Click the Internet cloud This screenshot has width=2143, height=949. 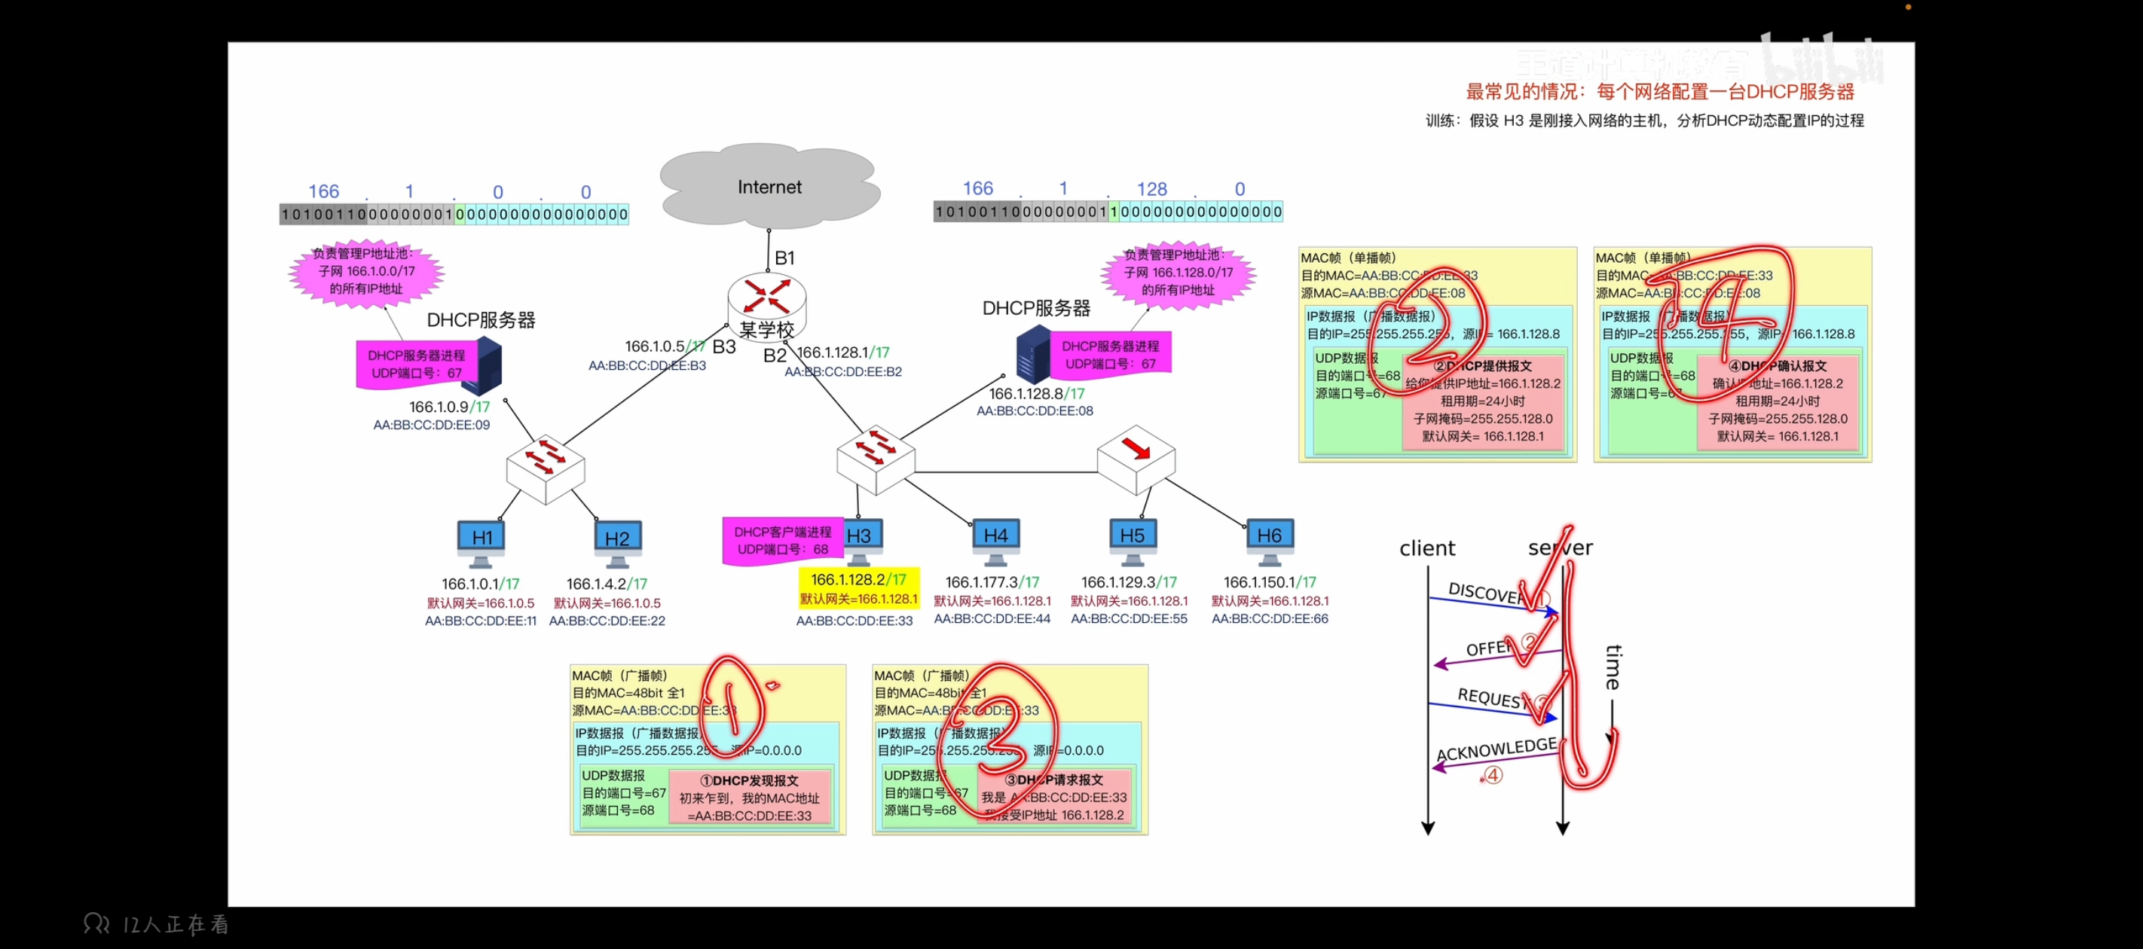(x=769, y=187)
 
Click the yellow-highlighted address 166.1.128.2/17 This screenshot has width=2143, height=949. (x=858, y=580)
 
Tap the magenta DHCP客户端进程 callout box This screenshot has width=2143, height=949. (x=782, y=541)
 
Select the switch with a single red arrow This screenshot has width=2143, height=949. (x=1136, y=457)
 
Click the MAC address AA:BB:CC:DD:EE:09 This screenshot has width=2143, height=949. (x=431, y=425)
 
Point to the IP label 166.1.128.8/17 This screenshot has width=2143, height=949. (x=1036, y=393)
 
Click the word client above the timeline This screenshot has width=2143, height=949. (x=1426, y=548)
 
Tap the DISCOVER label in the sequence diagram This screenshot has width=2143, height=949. (x=1485, y=593)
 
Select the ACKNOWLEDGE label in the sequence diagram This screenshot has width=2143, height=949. (x=1496, y=749)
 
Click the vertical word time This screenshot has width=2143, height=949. (x=1613, y=667)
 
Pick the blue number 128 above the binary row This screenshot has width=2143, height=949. (x=1151, y=190)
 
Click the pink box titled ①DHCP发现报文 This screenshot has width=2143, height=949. (x=750, y=798)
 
